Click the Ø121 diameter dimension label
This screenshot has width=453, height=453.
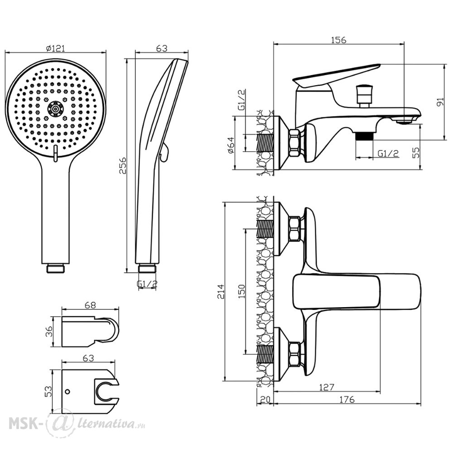click(56, 48)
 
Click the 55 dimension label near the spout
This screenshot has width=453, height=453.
click(415, 153)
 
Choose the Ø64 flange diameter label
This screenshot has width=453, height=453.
click(231, 145)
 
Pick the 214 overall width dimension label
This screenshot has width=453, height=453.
click(221, 292)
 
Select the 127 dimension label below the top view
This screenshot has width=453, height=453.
click(327, 387)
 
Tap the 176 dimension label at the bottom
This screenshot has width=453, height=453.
click(347, 400)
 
